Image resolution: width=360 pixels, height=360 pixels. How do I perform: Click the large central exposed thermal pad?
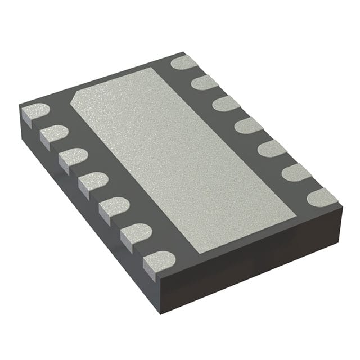coord(183,157)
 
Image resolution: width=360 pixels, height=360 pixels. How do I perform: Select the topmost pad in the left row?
coord(35,112)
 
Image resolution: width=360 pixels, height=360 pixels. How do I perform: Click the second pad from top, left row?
coord(54,134)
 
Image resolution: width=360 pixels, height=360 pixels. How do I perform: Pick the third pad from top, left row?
coord(73,157)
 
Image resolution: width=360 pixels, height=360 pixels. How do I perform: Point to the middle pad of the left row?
coord(93,181)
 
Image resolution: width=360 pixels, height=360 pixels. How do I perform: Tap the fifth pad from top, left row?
coord(114,206)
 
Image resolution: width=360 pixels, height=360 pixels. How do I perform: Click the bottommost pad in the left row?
coord(159,259)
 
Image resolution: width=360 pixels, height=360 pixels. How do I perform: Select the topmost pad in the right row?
coord(184,62)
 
